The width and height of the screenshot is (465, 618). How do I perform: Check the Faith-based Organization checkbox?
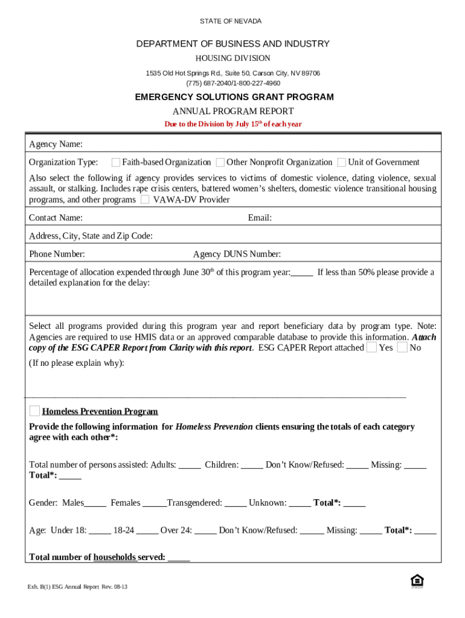pos(115,162)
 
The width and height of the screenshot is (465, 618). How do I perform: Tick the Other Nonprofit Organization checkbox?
pos(220,162)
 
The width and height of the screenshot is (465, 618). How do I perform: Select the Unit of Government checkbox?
pos(342,162)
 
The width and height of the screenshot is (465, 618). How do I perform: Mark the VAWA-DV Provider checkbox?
pos(145,200)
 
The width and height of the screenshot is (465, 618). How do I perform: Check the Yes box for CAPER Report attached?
pos(372,348)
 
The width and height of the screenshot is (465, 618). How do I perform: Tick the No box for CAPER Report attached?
pos(402,348)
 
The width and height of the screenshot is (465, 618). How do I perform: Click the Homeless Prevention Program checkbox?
pos(35,411)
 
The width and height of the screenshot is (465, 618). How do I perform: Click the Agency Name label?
pos(56,144)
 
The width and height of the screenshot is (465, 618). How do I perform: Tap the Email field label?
pos(260,218)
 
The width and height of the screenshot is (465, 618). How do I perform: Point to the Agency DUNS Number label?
pos(237,254)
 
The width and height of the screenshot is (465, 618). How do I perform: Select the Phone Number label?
pos(57,254)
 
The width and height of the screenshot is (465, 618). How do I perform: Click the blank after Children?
pos(252,466)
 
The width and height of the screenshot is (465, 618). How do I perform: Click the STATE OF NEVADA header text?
pos(231,21)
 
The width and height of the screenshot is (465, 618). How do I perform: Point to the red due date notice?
pos(233,124)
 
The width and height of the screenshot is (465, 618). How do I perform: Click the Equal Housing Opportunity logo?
pos(417,581)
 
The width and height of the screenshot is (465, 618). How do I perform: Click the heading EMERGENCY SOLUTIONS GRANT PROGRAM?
pos(234,97)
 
